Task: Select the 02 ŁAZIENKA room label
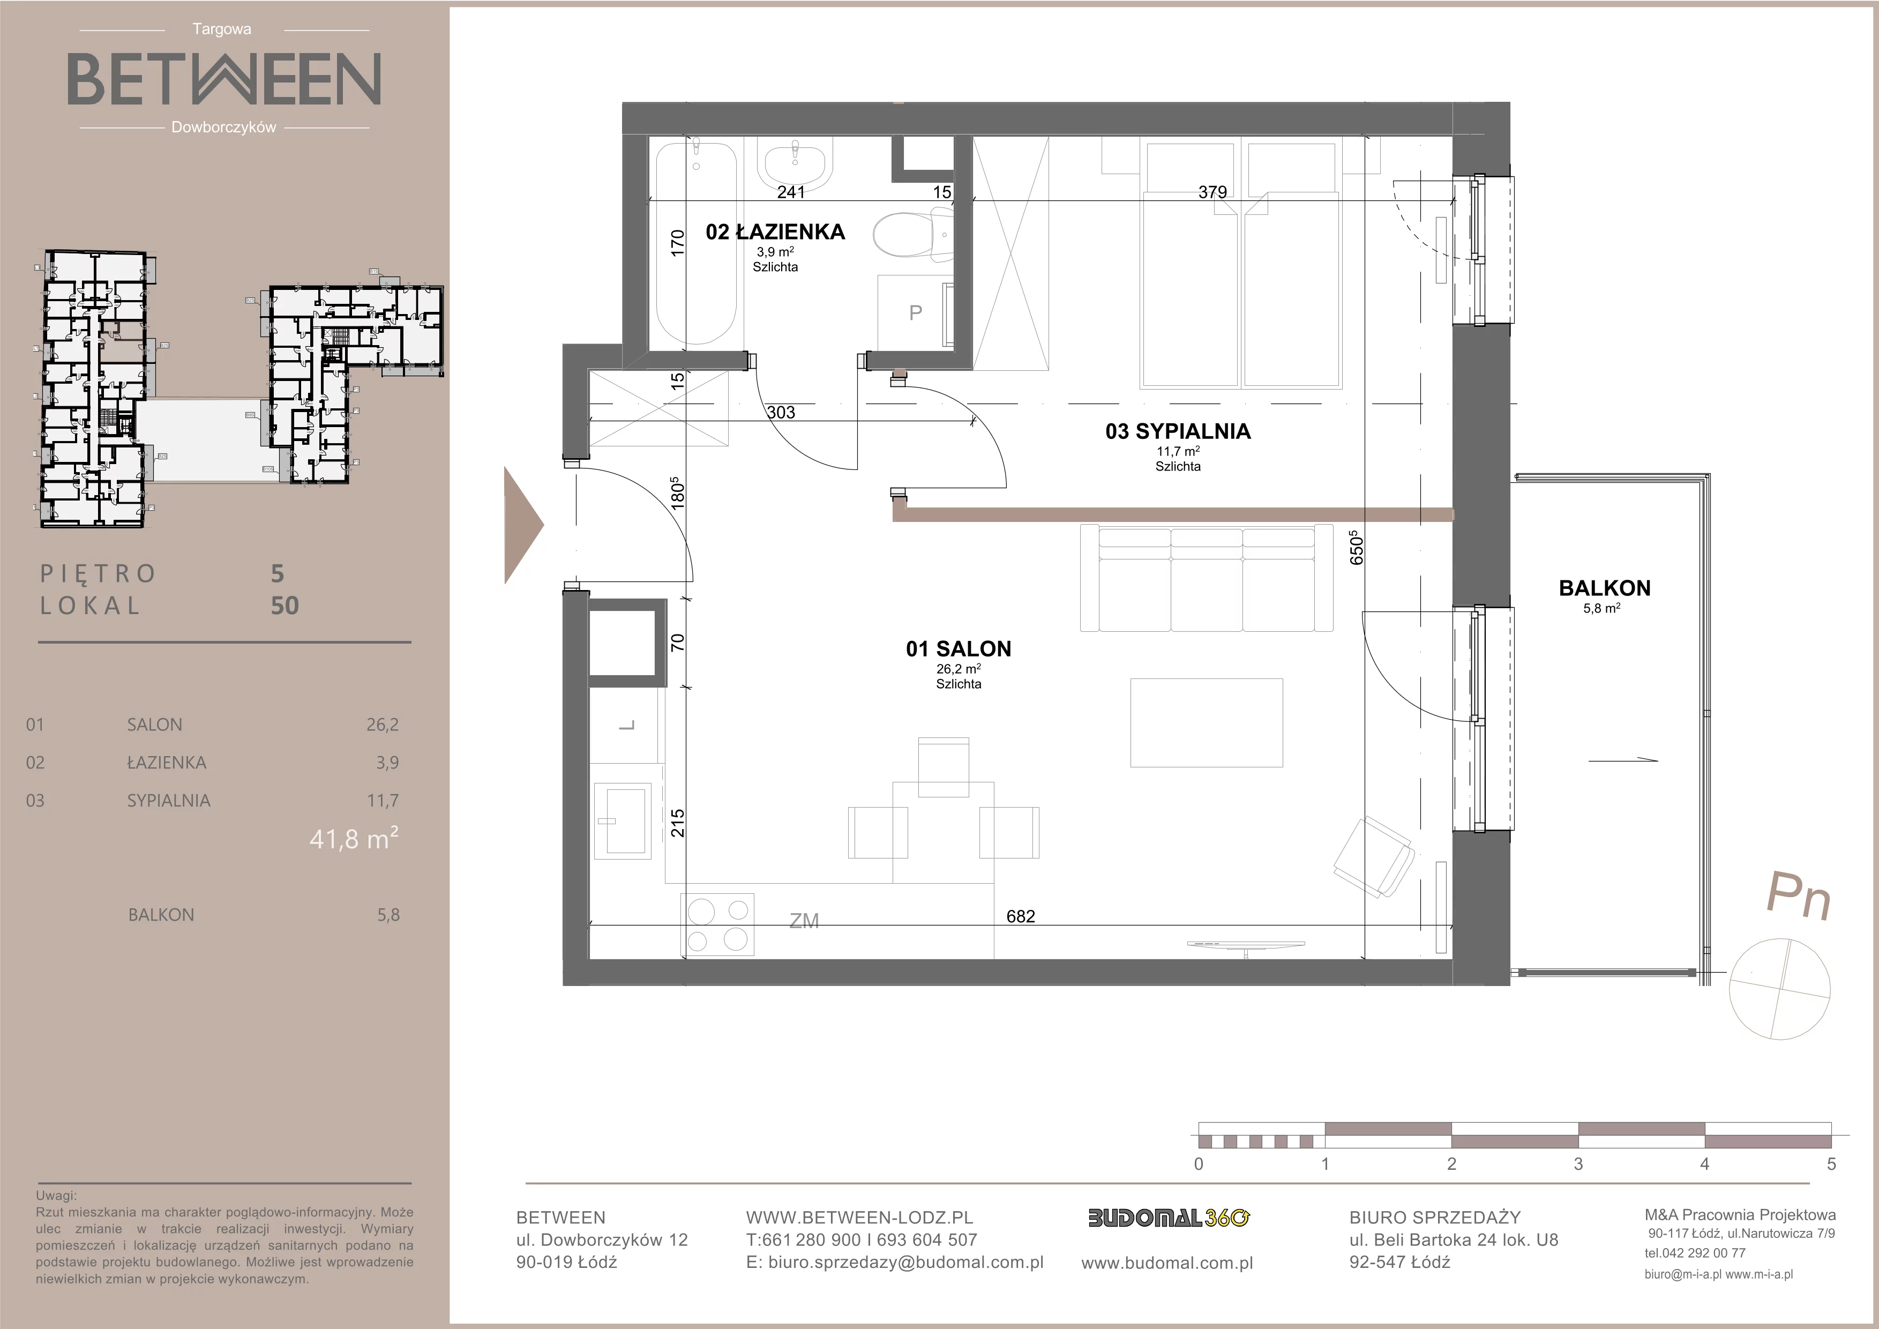(x=775, y=233)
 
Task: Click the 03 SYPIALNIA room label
(x=1178, y=431)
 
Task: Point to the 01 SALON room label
(x=959, y=649)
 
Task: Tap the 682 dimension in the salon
(x=1021, y=916)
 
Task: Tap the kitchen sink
(x=623, y=820)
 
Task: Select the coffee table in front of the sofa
(x=1206, y=722)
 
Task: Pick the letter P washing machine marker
(x=916, y=312)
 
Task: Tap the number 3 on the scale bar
(x=1578, y=1164)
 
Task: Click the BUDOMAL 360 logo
(x=1169, y=1218)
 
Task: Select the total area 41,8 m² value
(x=354, y=839)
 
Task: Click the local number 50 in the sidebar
(x=285, y=606)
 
